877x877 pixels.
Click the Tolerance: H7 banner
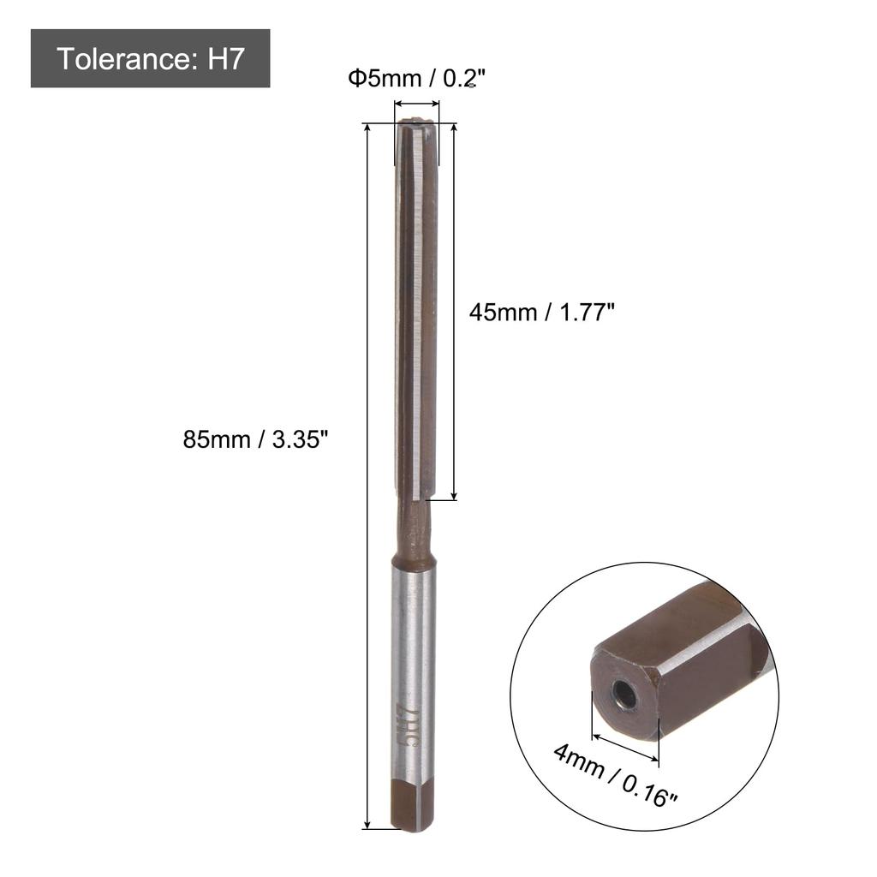tap(151, 59)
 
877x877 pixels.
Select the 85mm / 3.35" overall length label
tap(256, 440)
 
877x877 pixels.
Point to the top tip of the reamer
tap(416, 125)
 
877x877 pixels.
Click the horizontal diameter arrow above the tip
tap(416, 104)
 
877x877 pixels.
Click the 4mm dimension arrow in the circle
tap(625, 745)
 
